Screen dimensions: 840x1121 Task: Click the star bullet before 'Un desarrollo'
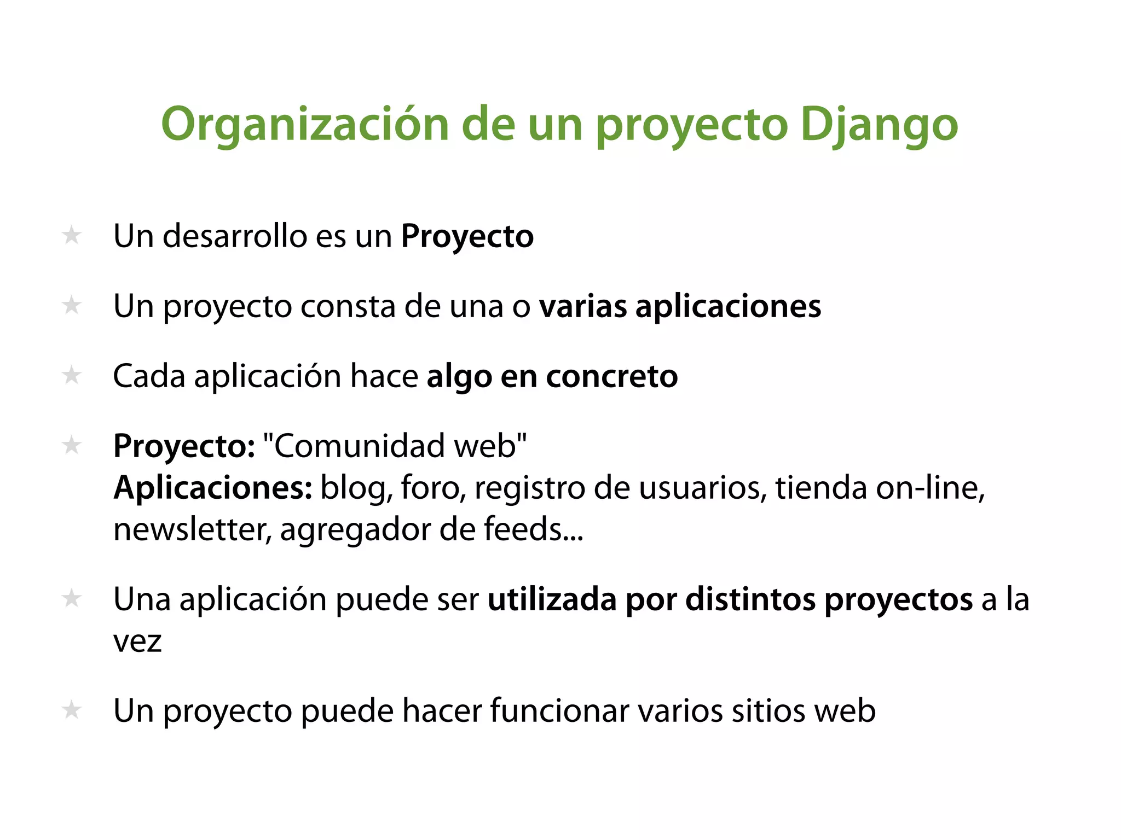[x=72, y=236]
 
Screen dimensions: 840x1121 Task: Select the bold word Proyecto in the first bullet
[x=467, y=237]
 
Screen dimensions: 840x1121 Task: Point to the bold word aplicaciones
[x=728, y=306]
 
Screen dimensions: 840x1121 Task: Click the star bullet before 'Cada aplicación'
[x=72, y=376]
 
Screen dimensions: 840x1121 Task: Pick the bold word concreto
[x=612, y=376]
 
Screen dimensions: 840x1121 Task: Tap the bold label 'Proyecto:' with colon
[x=184, y=446]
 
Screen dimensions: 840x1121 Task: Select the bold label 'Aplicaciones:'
[x=213, y=488]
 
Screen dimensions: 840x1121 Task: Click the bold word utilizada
[x=552, y=599]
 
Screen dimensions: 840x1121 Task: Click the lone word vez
[x=137, y=641]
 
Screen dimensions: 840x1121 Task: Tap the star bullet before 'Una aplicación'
[x=72, y=599]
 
